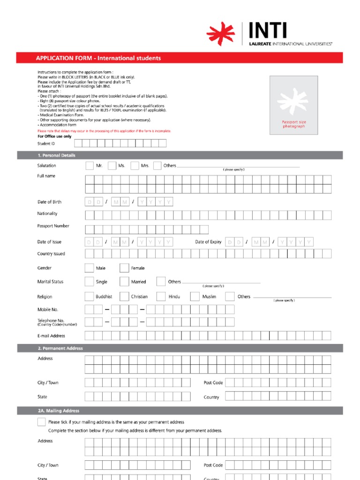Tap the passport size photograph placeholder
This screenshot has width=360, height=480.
[293, 105]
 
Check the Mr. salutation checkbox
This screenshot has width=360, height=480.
[90, 165]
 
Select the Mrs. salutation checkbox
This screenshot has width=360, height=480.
[135, 165]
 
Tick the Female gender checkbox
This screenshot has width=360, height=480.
[124, 268]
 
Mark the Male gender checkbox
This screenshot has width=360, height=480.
[89, 268]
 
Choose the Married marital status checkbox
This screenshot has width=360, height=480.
[124, 282]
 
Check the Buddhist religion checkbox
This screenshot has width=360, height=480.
[89, 296]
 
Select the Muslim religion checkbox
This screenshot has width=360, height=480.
[195, 296]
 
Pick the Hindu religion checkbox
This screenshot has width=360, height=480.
[161, 296]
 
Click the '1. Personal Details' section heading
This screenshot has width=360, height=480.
[57, 155]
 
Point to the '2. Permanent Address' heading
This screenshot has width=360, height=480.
[60, 348]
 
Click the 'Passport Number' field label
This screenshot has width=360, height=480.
[53, 226]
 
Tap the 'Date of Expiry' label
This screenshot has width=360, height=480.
[208, 242]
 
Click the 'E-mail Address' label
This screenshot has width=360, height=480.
[51, 336]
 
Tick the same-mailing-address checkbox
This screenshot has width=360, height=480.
[42, 422]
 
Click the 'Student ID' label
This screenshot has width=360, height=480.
[46, 143]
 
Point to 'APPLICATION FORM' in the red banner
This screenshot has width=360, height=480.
[64, 58]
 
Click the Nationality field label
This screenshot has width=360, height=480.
[47, 214]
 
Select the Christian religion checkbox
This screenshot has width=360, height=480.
[124, 296]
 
